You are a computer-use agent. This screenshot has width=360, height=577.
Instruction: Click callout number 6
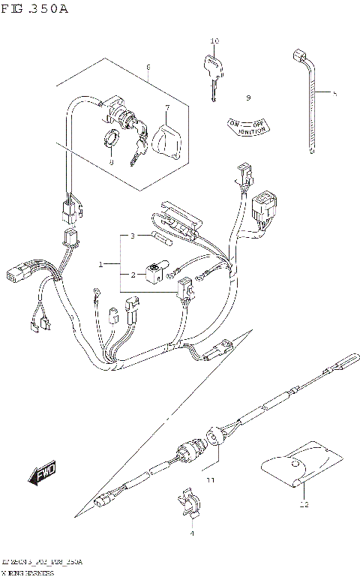pyautogui.click(x=148, y=67)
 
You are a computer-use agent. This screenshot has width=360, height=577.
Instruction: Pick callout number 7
pyautogui.click(x=167, y=108)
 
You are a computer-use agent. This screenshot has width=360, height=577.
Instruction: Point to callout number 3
pyautogui.click(x=132, y=236)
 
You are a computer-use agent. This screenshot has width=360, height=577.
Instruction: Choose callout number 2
pyautogui.click(x=132, y=275)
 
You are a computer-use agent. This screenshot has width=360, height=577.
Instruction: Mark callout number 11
pyautogui.click(x=211, y=479)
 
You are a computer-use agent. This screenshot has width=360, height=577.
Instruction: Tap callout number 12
pyautogui.click(x=304, y=505)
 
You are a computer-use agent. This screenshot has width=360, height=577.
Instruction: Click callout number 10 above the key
pyautogui.click(x=214, y=41)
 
